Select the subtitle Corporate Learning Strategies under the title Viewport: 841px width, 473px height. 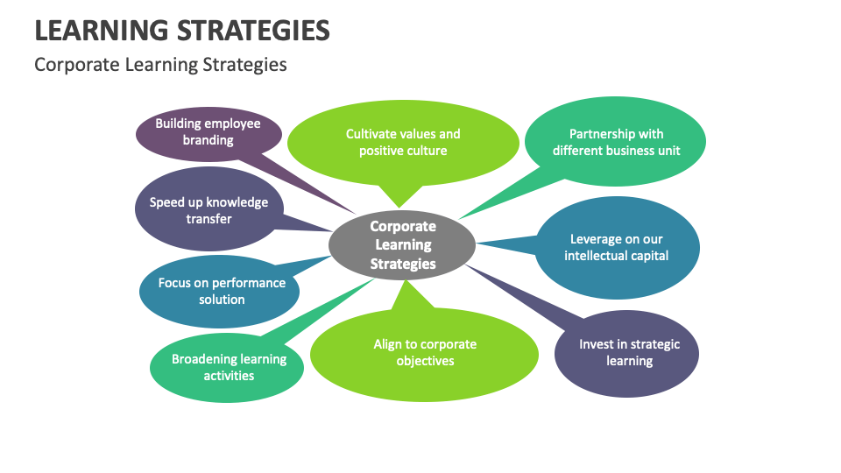(x=160, y=65)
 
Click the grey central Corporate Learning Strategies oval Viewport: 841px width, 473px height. (x=402, y=244)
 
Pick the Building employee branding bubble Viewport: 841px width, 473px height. (x=208, y=132)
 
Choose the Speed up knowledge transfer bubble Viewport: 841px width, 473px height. (x=208, y=210)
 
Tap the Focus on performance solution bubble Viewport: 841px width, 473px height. (x=222, y=291)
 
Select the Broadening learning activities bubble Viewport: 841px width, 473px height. (x=228, y=367)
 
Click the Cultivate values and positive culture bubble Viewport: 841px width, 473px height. (x=403, y=142)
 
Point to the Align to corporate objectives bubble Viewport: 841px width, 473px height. (x=425, y=352)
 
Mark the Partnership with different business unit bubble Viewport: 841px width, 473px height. (x=616, y=142)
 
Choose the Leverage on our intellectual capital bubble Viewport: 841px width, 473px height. (x=617, y=247)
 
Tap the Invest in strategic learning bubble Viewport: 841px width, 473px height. (x=628, y=352)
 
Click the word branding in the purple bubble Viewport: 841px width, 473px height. (x=208, y=140)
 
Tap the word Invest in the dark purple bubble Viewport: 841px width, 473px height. (x=596, y=344)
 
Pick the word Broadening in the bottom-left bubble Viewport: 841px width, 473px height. (x=204, y=359)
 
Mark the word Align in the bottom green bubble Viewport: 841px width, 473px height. (x=388, y=344)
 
